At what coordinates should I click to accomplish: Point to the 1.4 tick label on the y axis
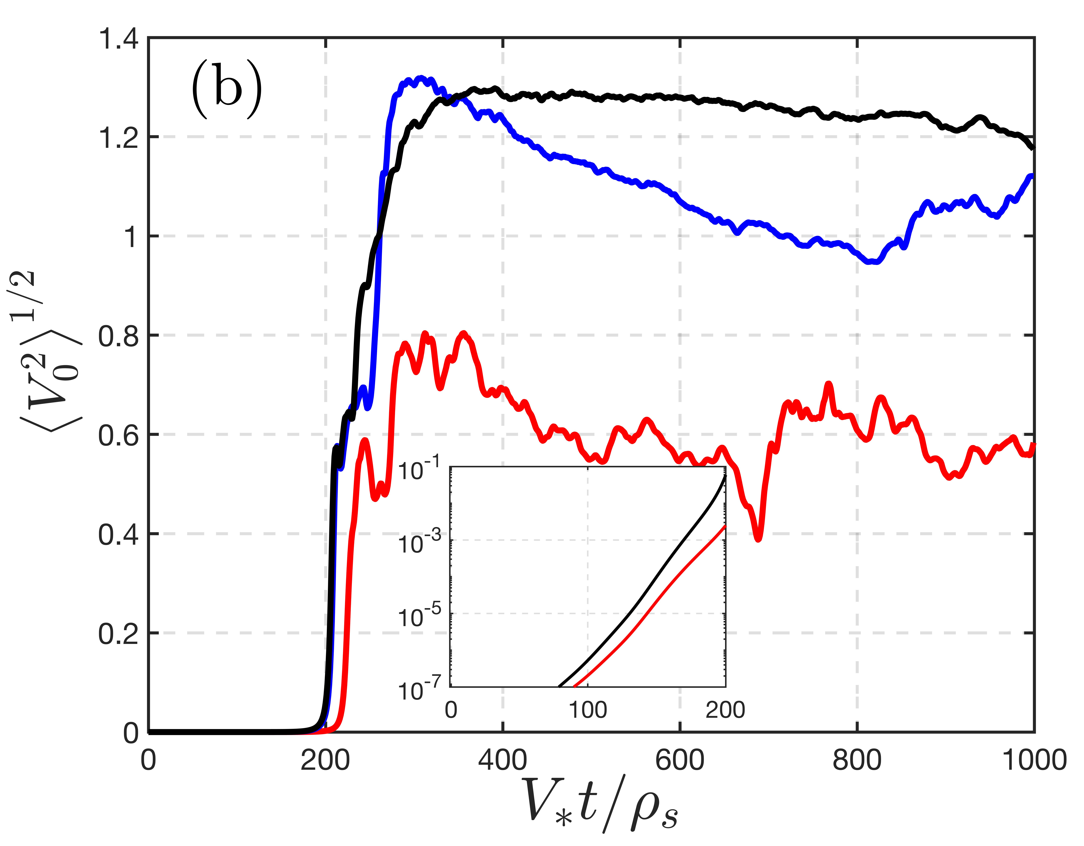tap(118, 39)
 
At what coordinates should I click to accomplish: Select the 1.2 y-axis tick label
tap(118, 138)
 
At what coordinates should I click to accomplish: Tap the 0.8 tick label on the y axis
tap(118, 336)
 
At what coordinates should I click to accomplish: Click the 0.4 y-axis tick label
tap(118, 535)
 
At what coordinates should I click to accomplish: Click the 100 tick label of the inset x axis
tap(588, 710)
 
